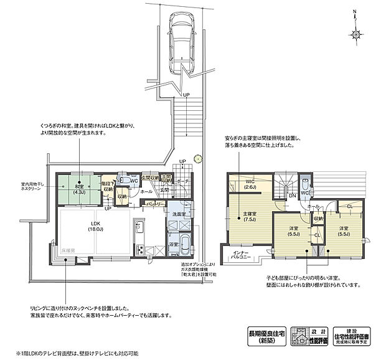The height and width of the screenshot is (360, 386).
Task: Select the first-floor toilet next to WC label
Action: tap(125, 181)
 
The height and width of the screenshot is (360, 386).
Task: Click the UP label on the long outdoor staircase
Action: tap(186, 95)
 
